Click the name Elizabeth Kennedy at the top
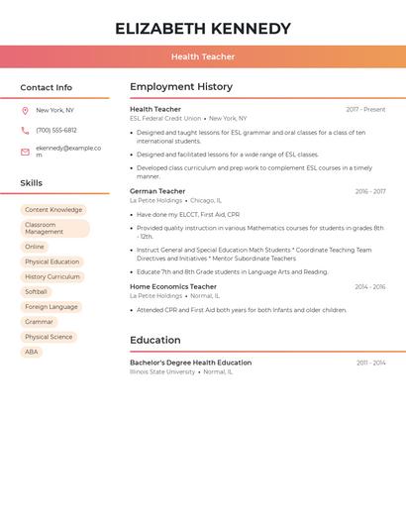coord(203,29)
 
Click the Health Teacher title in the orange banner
coord(203,56)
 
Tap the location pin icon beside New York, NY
coord(25,110)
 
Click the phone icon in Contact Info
coord(25,130)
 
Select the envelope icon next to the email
coord(25,152)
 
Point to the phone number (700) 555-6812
coord(55,130)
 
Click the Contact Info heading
coord(46,87)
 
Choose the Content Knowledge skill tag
coord(53,210)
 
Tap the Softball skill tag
coord(36,292)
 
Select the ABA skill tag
coord(32,352)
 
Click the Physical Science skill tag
coord(49,337)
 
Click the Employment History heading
coord(181,87)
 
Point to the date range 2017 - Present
coord(365,110)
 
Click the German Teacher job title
coord(157,191)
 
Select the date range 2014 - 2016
coord(370,287)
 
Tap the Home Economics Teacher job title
coord(173,287)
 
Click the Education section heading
coord(155,341)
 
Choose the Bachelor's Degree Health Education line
coord(190,363)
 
